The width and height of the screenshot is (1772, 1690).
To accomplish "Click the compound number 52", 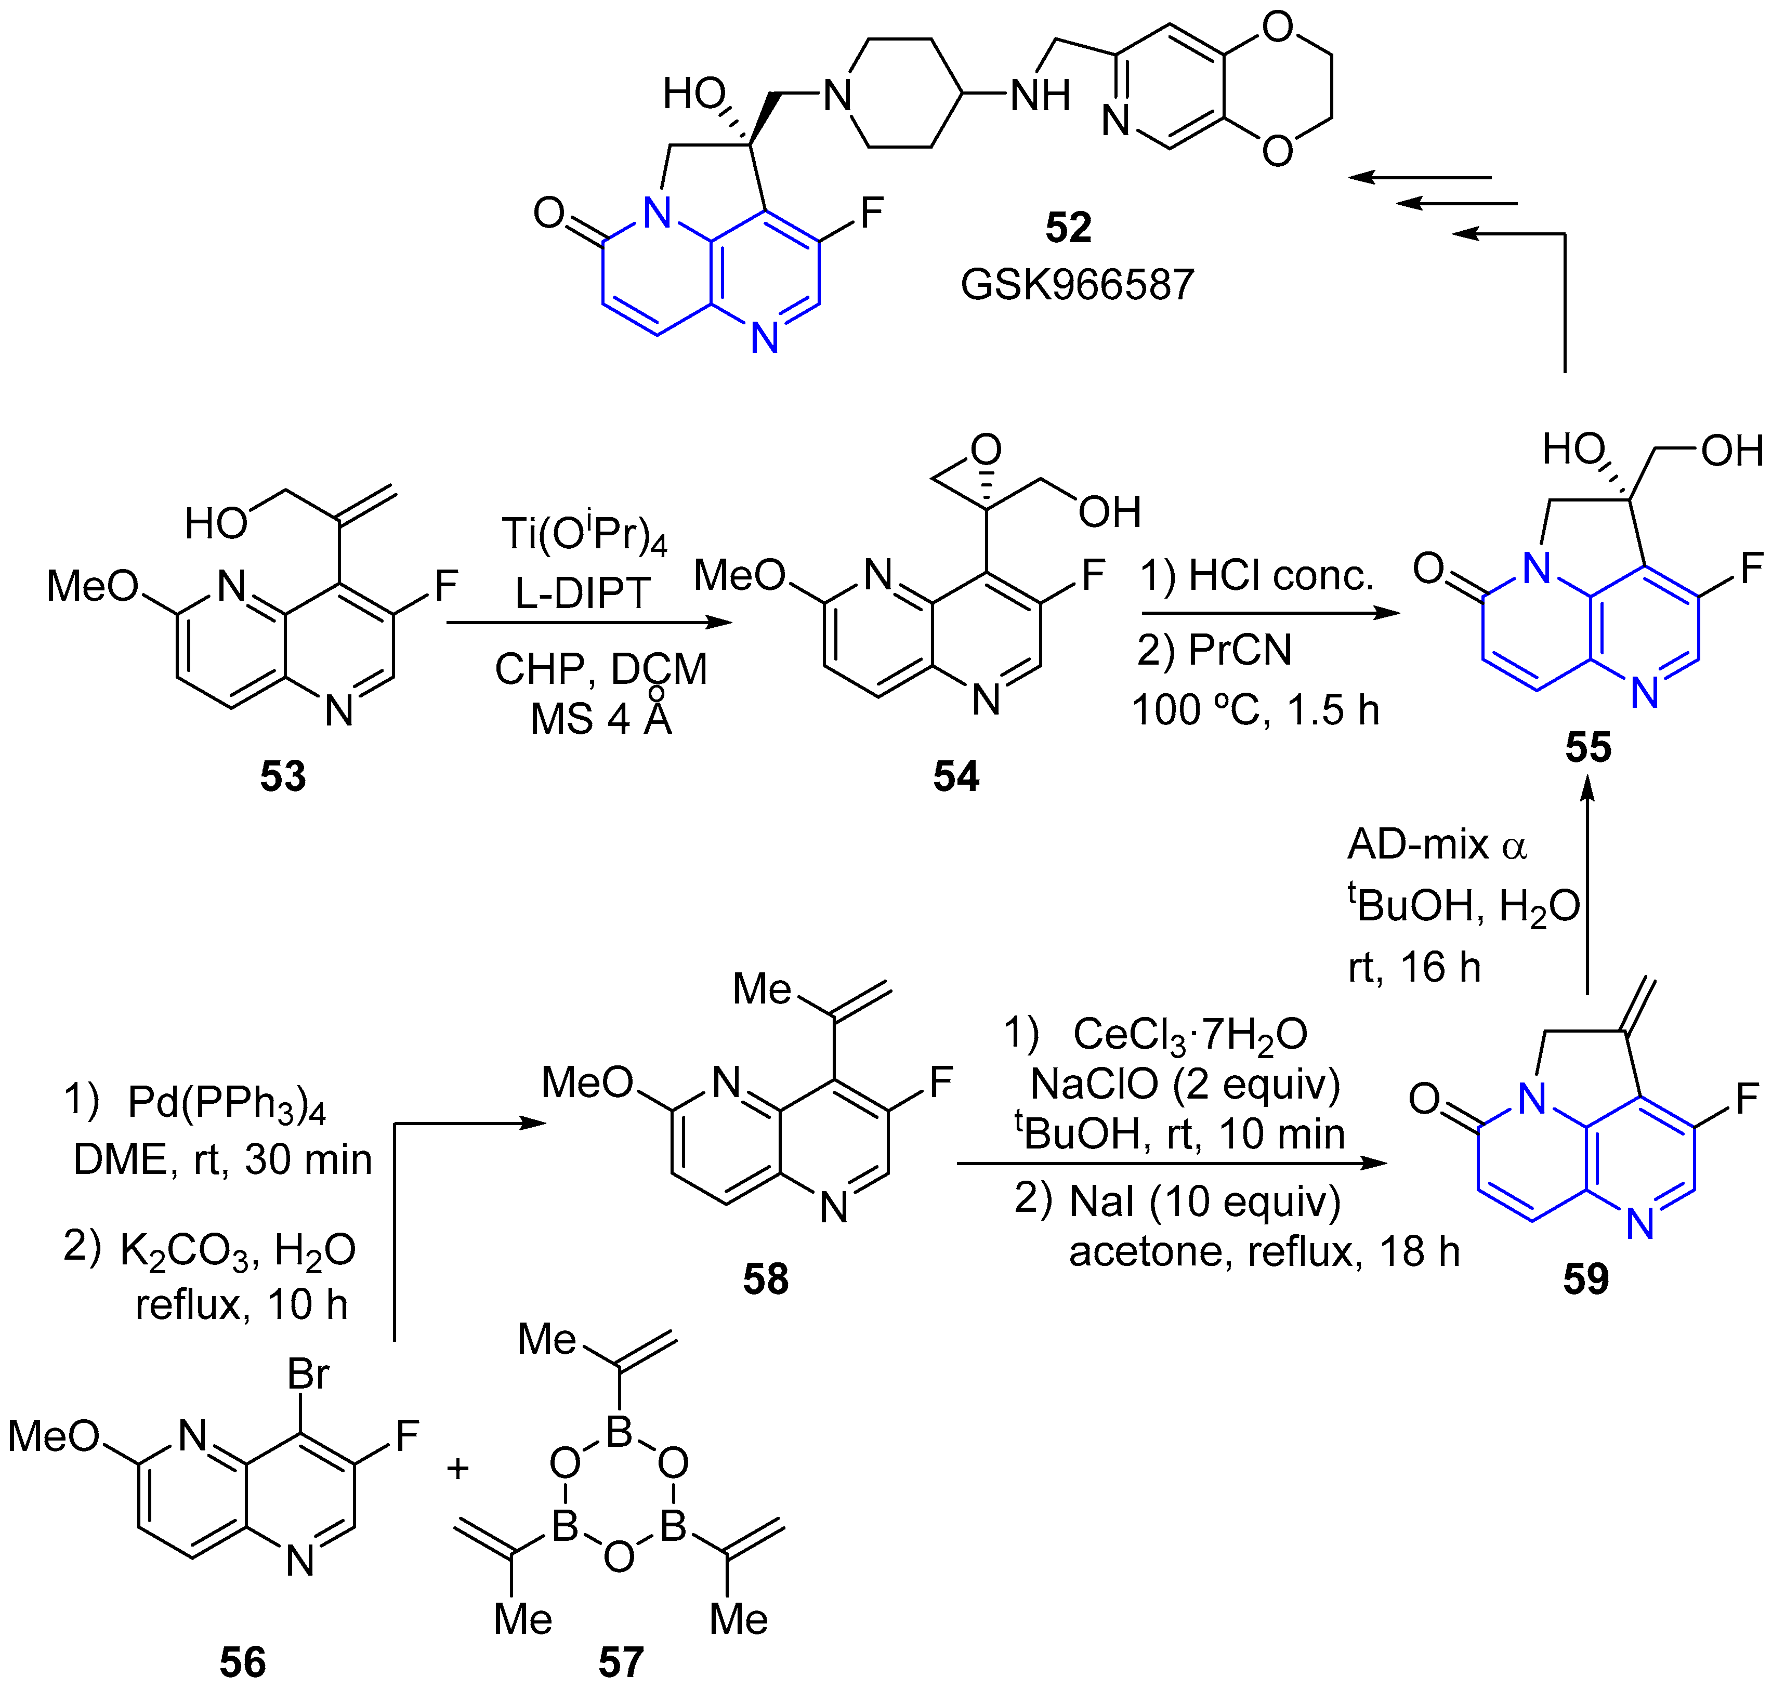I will [1068, 227].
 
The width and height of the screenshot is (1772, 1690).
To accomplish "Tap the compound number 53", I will [283, 776].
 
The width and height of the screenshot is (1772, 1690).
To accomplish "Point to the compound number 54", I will [956, 776].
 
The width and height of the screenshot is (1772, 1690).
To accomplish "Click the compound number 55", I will [1587, 747].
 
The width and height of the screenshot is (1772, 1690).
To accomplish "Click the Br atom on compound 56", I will [308, 1375].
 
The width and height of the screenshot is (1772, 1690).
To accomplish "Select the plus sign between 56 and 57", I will [457, 1469].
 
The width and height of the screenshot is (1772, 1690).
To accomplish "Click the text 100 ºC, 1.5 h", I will [1255, 710].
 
